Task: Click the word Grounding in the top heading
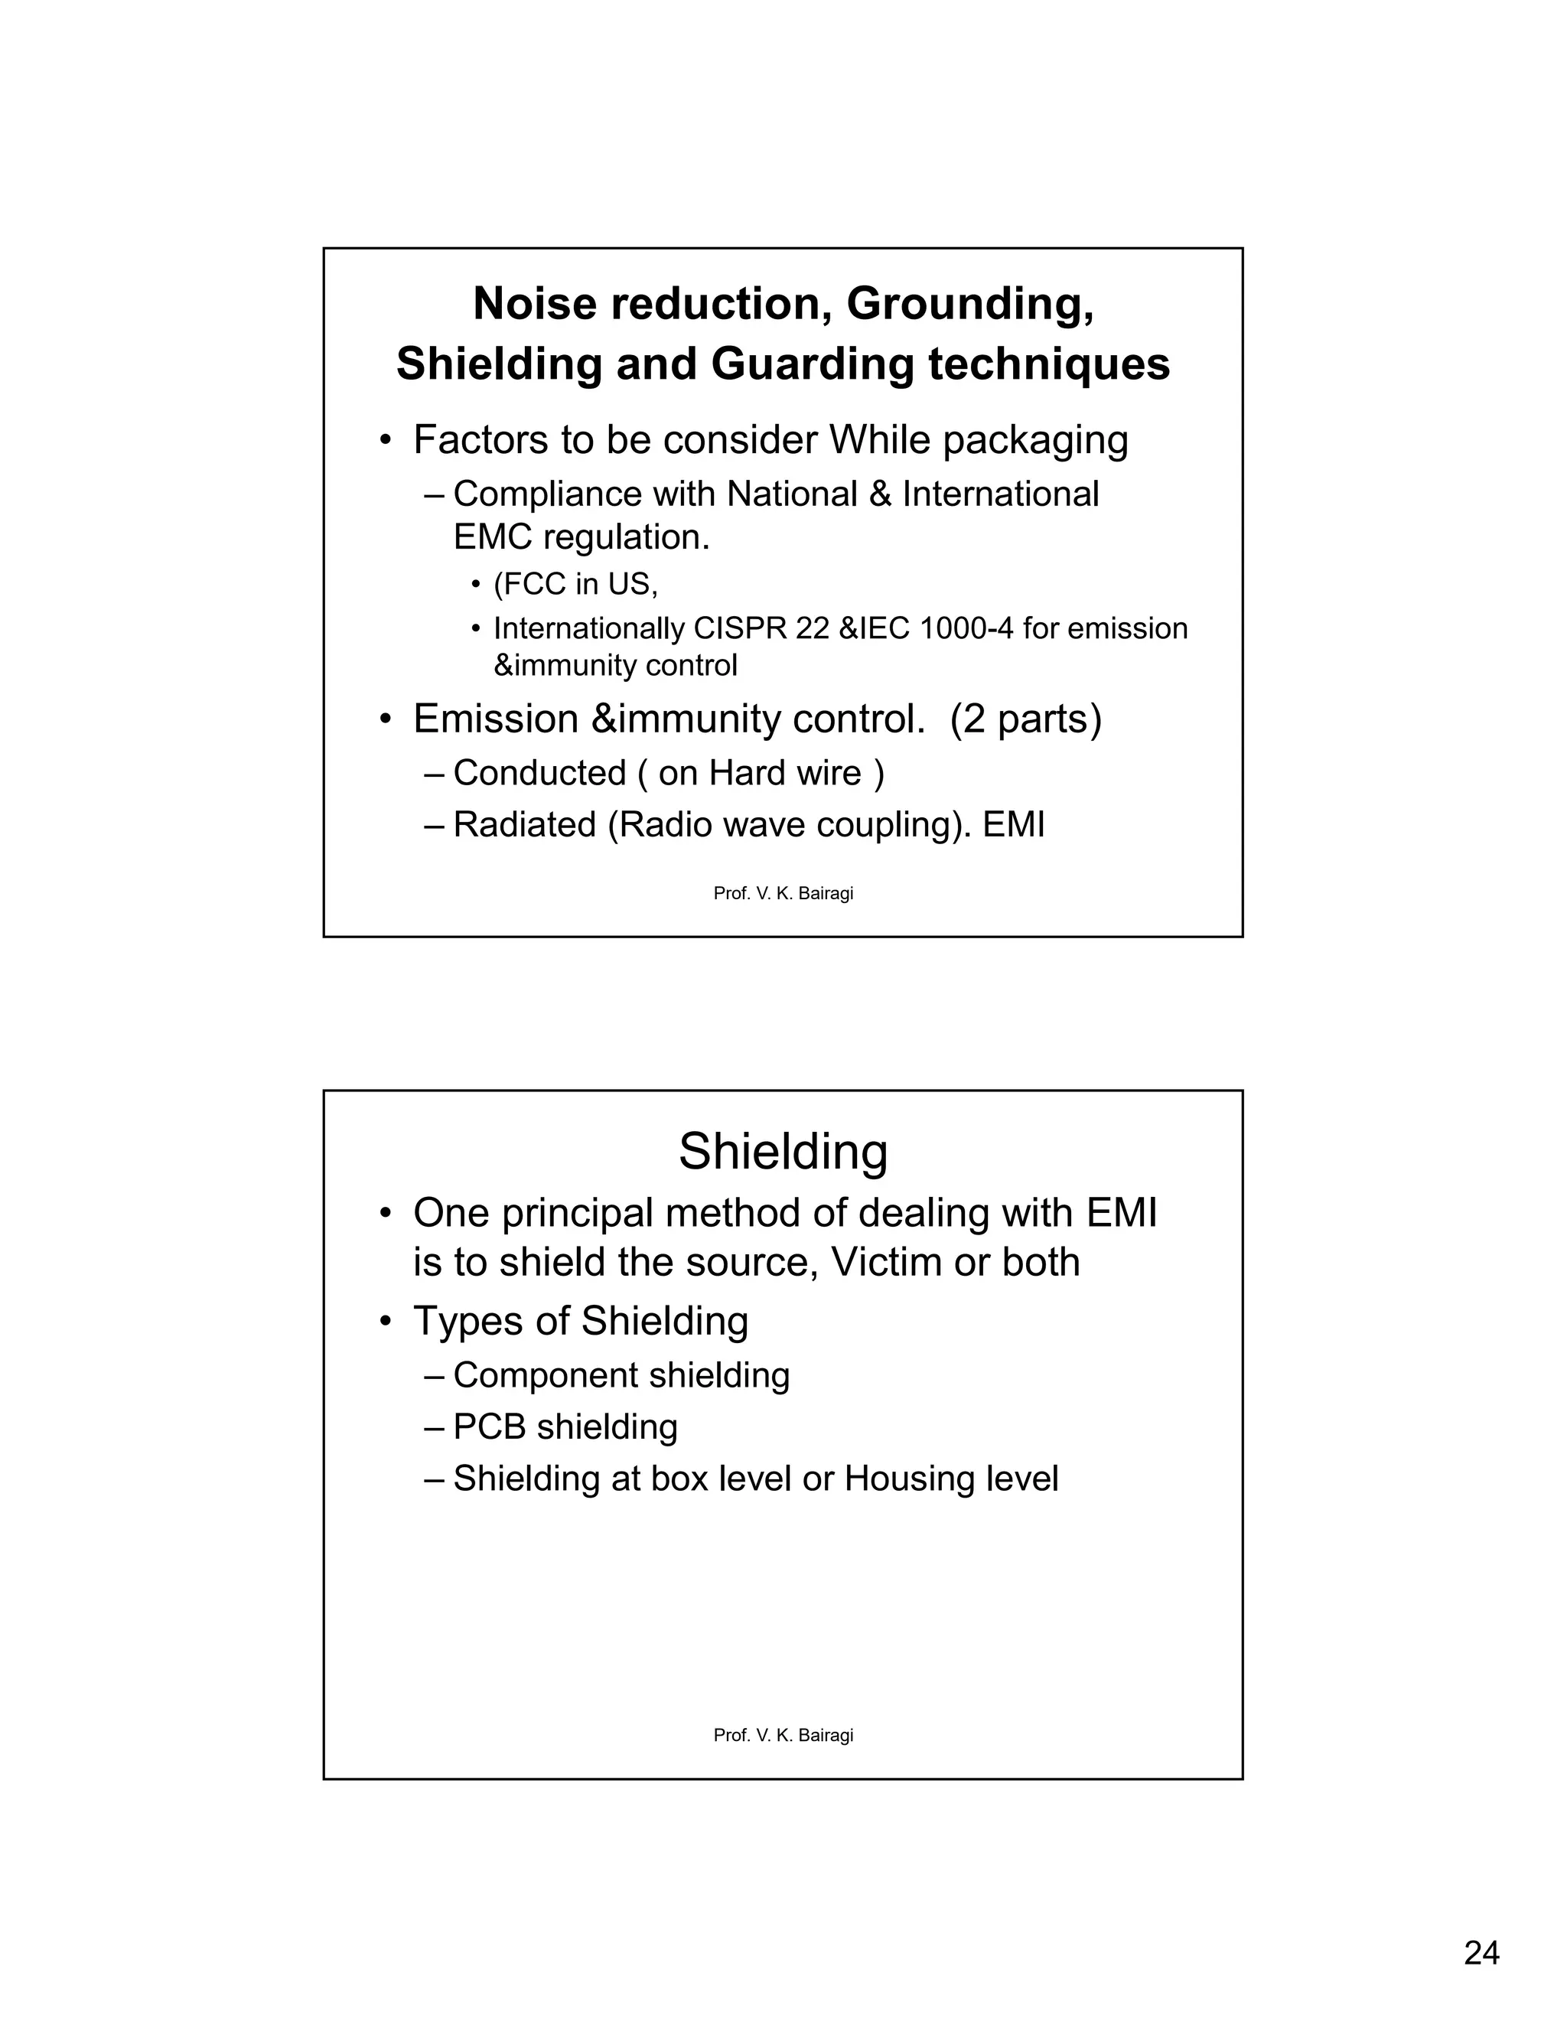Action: pos(969,304)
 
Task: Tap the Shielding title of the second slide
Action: pos(783,1153)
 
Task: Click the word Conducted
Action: pos(539,773)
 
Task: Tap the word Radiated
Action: pos(523,824)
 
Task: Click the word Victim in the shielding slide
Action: pos(888,1263)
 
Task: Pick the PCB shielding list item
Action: pos(565,1427)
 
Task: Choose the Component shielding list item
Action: pos(620,1375)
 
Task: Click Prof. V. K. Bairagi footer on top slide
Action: pos(783,893)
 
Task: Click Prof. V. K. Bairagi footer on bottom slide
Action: pos(783,1735)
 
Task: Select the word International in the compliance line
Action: pos(1000,494)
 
